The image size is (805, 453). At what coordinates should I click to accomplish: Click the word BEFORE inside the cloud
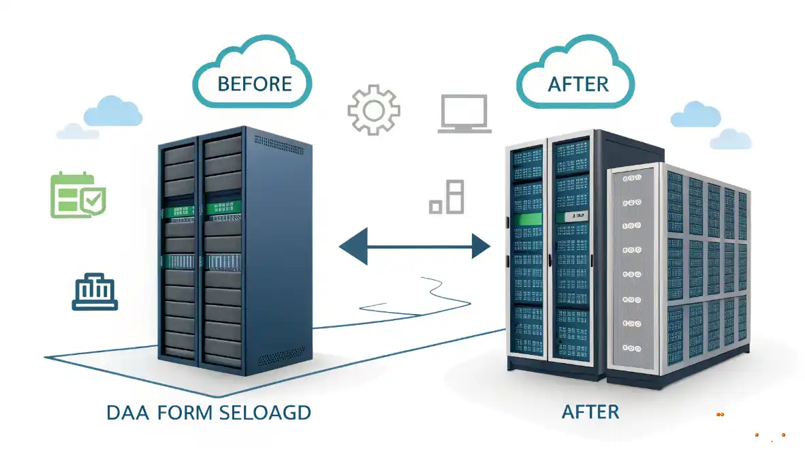[x=255, y=84]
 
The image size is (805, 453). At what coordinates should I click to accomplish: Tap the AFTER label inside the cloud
[x=578, y=84]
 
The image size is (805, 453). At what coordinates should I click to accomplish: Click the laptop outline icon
[x=464, y=113]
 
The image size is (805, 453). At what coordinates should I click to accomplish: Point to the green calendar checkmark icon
[x=78, y=196]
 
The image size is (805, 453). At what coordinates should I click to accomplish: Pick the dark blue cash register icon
[x=95, y=292]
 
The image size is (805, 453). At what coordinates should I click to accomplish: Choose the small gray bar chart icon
[x=447, y=197]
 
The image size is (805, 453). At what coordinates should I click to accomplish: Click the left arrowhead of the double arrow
[x=353, y=247]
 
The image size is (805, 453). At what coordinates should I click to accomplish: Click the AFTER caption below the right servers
[x=590, y=411]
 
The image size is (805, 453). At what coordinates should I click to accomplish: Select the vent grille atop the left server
[x=279, y=140]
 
